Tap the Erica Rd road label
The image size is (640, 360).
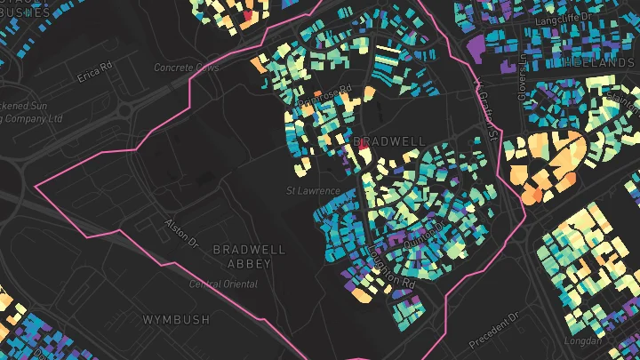(x=95, y=70)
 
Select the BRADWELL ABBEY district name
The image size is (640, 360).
(x=250, y=257)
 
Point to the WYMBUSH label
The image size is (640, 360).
(x=177, y=318)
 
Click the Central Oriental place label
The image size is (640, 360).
(x=223, y=284)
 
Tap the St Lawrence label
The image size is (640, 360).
(x=313, y=191)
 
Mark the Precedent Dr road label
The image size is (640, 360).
(x=495, y=330)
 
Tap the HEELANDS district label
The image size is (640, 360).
(x=605, y=62)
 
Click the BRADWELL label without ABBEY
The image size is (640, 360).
(x=388, y=141)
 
